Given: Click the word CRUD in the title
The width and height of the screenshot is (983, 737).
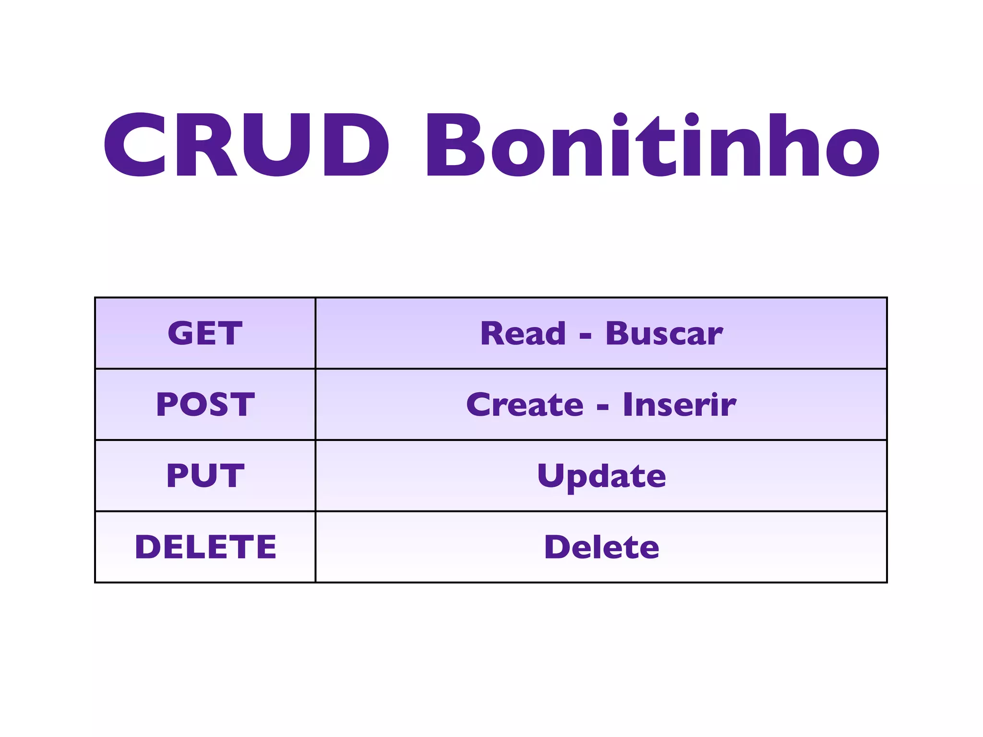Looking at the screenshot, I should [246, 144].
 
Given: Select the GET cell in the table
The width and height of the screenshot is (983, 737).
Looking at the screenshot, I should [205, 333].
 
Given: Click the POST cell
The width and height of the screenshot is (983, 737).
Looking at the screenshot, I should [205, 404].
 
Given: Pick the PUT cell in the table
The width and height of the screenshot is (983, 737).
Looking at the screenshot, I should [205, 475].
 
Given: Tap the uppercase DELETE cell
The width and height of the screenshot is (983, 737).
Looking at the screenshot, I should [205, 547].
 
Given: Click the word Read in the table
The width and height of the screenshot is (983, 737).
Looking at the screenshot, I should [523, 333].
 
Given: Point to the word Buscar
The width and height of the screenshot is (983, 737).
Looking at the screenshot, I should [664, 333].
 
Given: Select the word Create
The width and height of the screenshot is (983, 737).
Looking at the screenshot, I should [525, 404].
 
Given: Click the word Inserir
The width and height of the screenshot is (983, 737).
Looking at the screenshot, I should [679, 404].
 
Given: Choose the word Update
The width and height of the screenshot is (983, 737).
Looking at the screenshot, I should [601, 476].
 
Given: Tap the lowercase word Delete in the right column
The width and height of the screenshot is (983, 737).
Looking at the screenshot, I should [601, 547].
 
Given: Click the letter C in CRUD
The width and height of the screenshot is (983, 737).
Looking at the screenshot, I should [136, 144].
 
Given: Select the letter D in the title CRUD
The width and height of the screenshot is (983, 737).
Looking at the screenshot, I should [356, 144].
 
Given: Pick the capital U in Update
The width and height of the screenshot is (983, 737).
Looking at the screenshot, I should [550, 475].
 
